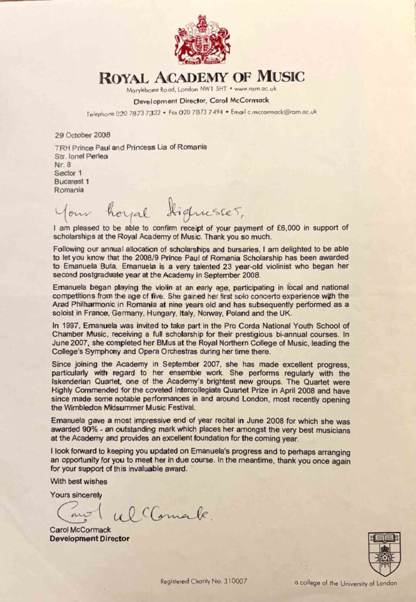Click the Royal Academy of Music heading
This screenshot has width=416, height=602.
[x=202, y=76]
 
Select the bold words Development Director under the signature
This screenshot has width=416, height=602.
[x=89, y=538]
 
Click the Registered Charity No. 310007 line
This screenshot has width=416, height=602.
[x=204, y=581]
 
